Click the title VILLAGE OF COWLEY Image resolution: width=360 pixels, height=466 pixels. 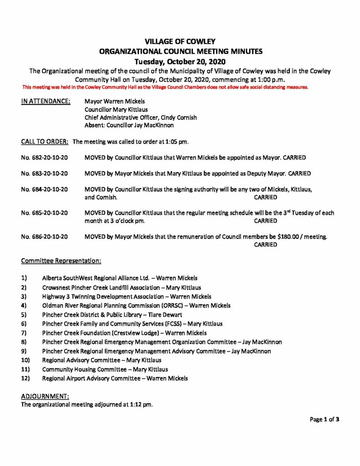(x=180, y=42)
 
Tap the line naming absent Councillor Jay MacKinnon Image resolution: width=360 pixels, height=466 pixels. (x=129, y=125)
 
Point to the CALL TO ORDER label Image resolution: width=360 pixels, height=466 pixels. (x=45, y=142)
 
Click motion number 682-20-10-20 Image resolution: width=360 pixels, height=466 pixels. (x=45, y=157)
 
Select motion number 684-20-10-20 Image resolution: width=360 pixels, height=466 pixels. (x=45, y=189)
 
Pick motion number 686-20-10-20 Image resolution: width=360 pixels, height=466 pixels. (x=45, y=237)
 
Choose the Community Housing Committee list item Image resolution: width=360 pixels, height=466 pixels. (x=105, y=370)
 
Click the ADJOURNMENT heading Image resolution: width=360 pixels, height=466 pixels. (x=45, y=396)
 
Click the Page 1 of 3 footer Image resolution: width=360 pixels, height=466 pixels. (x=325, y=420)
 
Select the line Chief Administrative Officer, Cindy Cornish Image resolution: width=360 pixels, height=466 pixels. (x=141, y=117)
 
